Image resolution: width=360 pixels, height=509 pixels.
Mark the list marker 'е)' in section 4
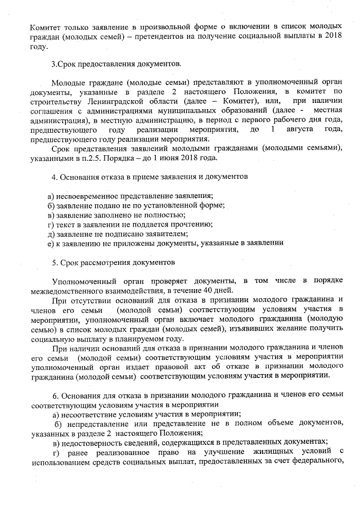pos(51,243)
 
